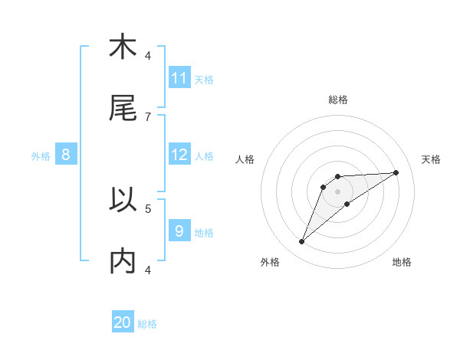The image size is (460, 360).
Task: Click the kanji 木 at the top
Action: (x=123, y=47)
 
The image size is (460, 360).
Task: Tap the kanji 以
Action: (x=123, y=200)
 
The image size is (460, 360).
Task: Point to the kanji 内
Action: (x=123, y=261)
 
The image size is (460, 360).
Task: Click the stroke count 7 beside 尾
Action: (x=148, y=116)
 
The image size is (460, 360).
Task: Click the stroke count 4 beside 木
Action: (x=148, y=55)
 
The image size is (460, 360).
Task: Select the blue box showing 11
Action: (x=179, y=78)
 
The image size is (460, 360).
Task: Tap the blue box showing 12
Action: (x=179, y=155)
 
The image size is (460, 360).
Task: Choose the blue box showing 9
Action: (x=179, y=231)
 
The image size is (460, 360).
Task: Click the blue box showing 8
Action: (x=66, y=155)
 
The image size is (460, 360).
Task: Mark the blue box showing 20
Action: (x=123, y=322)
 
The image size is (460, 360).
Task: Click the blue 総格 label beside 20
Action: (x=147, y=324)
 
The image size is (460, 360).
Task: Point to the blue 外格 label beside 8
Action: (x=41, y=156)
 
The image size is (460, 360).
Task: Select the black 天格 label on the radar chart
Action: (x=432, y=159)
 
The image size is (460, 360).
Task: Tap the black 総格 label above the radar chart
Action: (x=338, y=100)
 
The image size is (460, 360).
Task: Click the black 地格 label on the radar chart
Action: (x=402, y=262)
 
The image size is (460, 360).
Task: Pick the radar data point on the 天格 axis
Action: (x=396, y=172)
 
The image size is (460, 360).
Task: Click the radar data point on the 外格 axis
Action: (x=301, y=242)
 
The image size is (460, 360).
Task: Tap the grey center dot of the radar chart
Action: (x=338, y=191)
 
